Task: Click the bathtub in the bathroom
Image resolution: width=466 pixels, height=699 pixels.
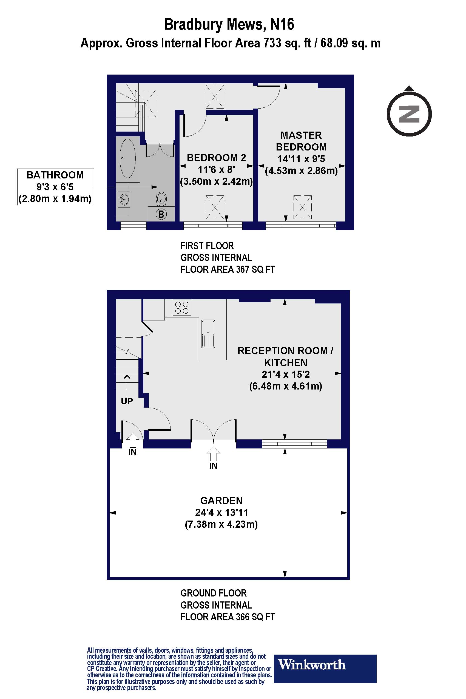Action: pos(128,158)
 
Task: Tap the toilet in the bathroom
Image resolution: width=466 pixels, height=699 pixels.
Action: pos(161,198)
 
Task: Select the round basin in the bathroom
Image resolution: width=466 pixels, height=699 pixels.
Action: pos(124,199)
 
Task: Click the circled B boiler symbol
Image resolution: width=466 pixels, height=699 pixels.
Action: pos(161,214)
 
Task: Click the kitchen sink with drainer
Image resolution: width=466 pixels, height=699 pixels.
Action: pos(208,334)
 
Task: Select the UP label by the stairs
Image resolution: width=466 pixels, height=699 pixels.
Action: pos(127,401)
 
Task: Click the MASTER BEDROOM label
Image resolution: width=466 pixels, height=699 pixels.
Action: pos(301,141)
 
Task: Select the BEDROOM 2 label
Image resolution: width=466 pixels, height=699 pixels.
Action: pos(216,158)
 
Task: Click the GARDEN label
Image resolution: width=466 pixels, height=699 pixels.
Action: pos(221,501)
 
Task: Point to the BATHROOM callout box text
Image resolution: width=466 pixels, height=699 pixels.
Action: pos(55,187)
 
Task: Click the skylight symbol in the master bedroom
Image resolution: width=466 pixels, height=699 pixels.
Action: pos(302,207)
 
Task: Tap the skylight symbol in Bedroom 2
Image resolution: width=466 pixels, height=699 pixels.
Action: pos(215,207)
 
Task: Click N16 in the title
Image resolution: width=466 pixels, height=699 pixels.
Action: pos(282,24)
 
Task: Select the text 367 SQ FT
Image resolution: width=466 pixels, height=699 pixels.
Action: pos(255,269)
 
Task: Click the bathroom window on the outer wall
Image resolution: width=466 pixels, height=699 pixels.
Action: pos(133,226)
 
